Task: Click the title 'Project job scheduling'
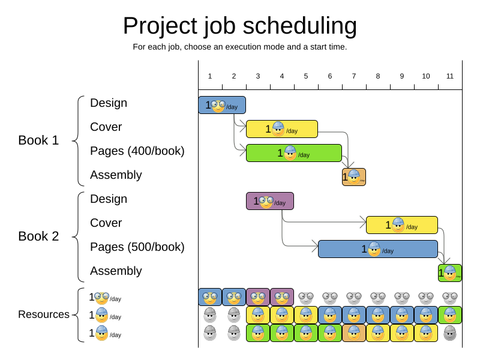(x=239, y=26)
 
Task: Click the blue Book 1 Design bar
(x=222, y=105)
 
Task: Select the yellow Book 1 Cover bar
(x=281, y=129)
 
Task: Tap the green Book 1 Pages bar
(x=293, y=153)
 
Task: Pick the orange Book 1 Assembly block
(x=354, y=177)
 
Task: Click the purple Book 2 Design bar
(x=269, y=201)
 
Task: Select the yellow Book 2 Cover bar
(x=401, y=225)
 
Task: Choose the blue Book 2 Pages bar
(x=377, y=249)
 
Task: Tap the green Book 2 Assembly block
(x=450, y=273)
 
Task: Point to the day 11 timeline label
(x=450, y=76)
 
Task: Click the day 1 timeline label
(x=210, y=76)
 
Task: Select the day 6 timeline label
(x=330, y=76)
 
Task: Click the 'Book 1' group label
(x=38, y=140)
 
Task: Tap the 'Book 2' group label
(x=38, y=236)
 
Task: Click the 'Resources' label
(x=44, y=314)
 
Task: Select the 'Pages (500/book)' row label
(x=137, y=247)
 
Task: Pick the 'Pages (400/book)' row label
(x=137, y=151)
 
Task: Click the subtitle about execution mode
(x=239, y=47)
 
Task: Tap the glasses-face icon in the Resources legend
(x=101, y=298)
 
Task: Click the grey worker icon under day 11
(x=450, y=333)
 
